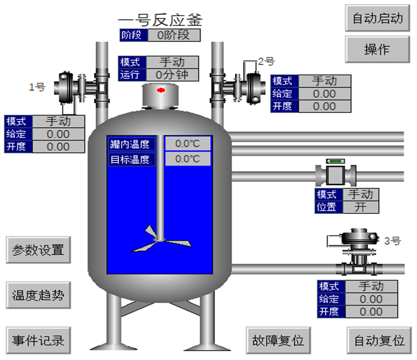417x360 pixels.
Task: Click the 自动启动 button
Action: pos(377,18)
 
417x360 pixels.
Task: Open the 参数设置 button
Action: pos(38,250)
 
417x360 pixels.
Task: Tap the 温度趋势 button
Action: pos(38,295)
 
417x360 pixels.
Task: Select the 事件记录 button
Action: pos(38,340)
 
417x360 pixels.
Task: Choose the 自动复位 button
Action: pos(379,340)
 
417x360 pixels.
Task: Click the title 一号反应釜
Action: pos(160,20)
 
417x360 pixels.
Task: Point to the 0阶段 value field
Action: pos(174,35)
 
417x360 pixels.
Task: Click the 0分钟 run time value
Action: pos(172,75)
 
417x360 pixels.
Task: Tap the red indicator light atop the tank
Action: pos(161,90)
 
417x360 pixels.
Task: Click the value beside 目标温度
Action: pos(188,159)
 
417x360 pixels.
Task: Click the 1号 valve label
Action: pos(37,87)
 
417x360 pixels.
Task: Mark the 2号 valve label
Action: pos(266,62)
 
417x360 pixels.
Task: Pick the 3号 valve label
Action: pos(392,241)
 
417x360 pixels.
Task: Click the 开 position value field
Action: pos(361,207)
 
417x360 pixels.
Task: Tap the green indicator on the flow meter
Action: pos(335,161)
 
